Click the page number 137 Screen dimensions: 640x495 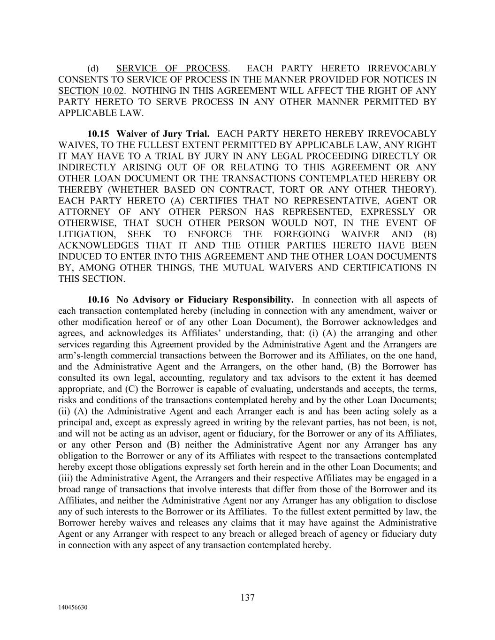[x=247, y=597]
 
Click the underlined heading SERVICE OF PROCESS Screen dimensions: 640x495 [x=172, y=68]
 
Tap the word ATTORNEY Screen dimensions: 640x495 [x=84, y=212]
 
